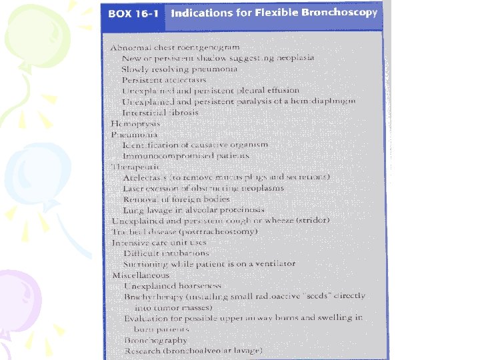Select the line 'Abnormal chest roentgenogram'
pyautogui.click(x=175, y=48)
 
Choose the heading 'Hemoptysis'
pyautogui.click(x=132, y=123)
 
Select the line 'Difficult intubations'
pyautogui.click(x=166, y=253)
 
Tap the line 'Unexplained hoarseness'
pyautogui.click(x=173, y=285)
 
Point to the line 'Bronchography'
pyautogui.click(x=155, y=339)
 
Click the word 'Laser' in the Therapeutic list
pyautogui.click(x=133, y=187)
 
